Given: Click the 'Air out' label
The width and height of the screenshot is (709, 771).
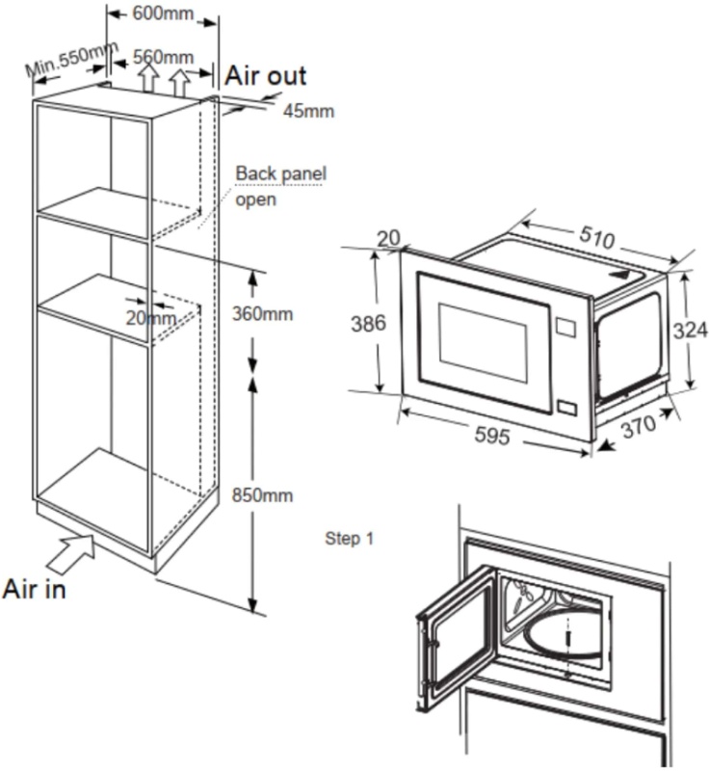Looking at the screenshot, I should coord(266,76).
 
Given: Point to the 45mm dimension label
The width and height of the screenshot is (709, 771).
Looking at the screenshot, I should coord(308,111).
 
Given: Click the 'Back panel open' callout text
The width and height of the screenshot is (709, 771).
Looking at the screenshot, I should coord(280,186).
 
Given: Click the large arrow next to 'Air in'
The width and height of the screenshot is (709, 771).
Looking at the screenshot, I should coord(73,555).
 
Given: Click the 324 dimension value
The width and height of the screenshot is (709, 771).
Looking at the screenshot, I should coord(690,331).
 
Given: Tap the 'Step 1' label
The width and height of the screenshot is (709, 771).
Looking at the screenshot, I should coord(350,538).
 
